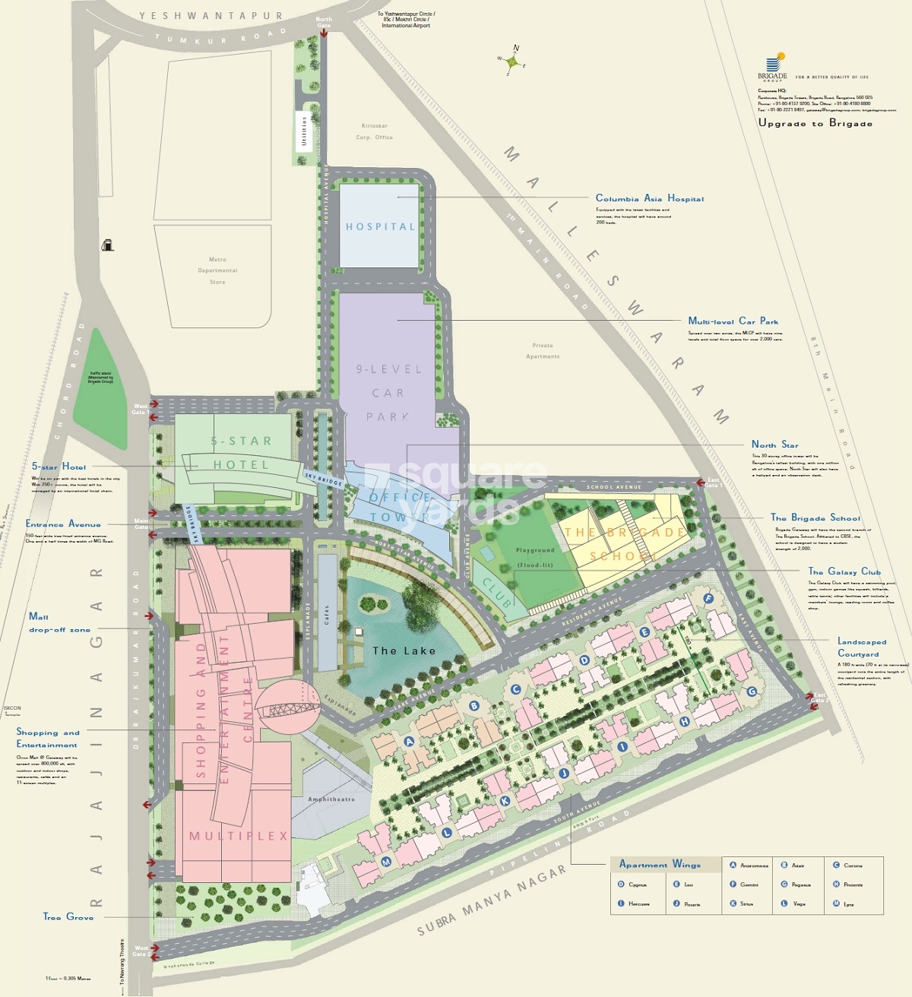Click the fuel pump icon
click(108, 245)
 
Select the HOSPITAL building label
click(381, 226)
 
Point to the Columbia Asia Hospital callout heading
click(649, 198)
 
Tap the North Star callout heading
click(774, 445)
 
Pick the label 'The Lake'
click(404, 650)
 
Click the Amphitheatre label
click(331, 799)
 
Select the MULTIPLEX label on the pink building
click(239, 836)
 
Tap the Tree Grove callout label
click(68, 917)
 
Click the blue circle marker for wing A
click(409, 742)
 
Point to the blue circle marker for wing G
click(752, 691)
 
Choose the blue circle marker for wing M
click(386, 861)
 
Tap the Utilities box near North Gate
click(305, 131)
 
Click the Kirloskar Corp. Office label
click(375, 131)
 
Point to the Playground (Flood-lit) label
click(535, 557)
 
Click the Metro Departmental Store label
click(217, 271)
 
